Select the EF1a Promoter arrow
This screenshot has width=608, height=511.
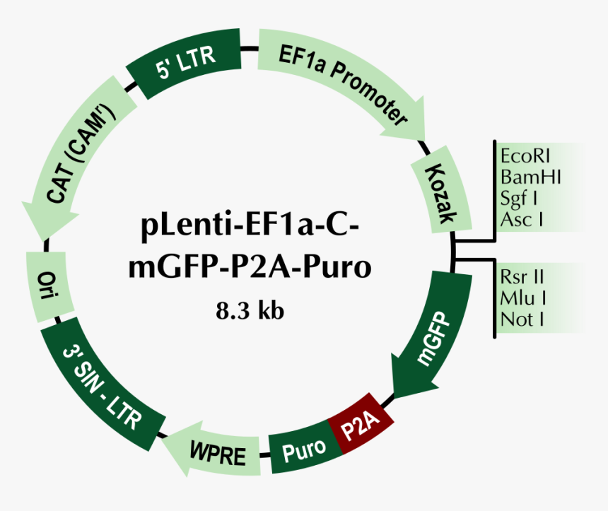click(339, 85)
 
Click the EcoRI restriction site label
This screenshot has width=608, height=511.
click(525, 155)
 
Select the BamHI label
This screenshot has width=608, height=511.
click(530, 177)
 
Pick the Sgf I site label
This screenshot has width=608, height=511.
click(520, 198)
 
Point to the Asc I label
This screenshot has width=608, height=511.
click(522, 219)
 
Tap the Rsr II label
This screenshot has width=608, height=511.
click(522, 276)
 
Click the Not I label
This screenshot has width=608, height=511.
click(522, 319)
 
